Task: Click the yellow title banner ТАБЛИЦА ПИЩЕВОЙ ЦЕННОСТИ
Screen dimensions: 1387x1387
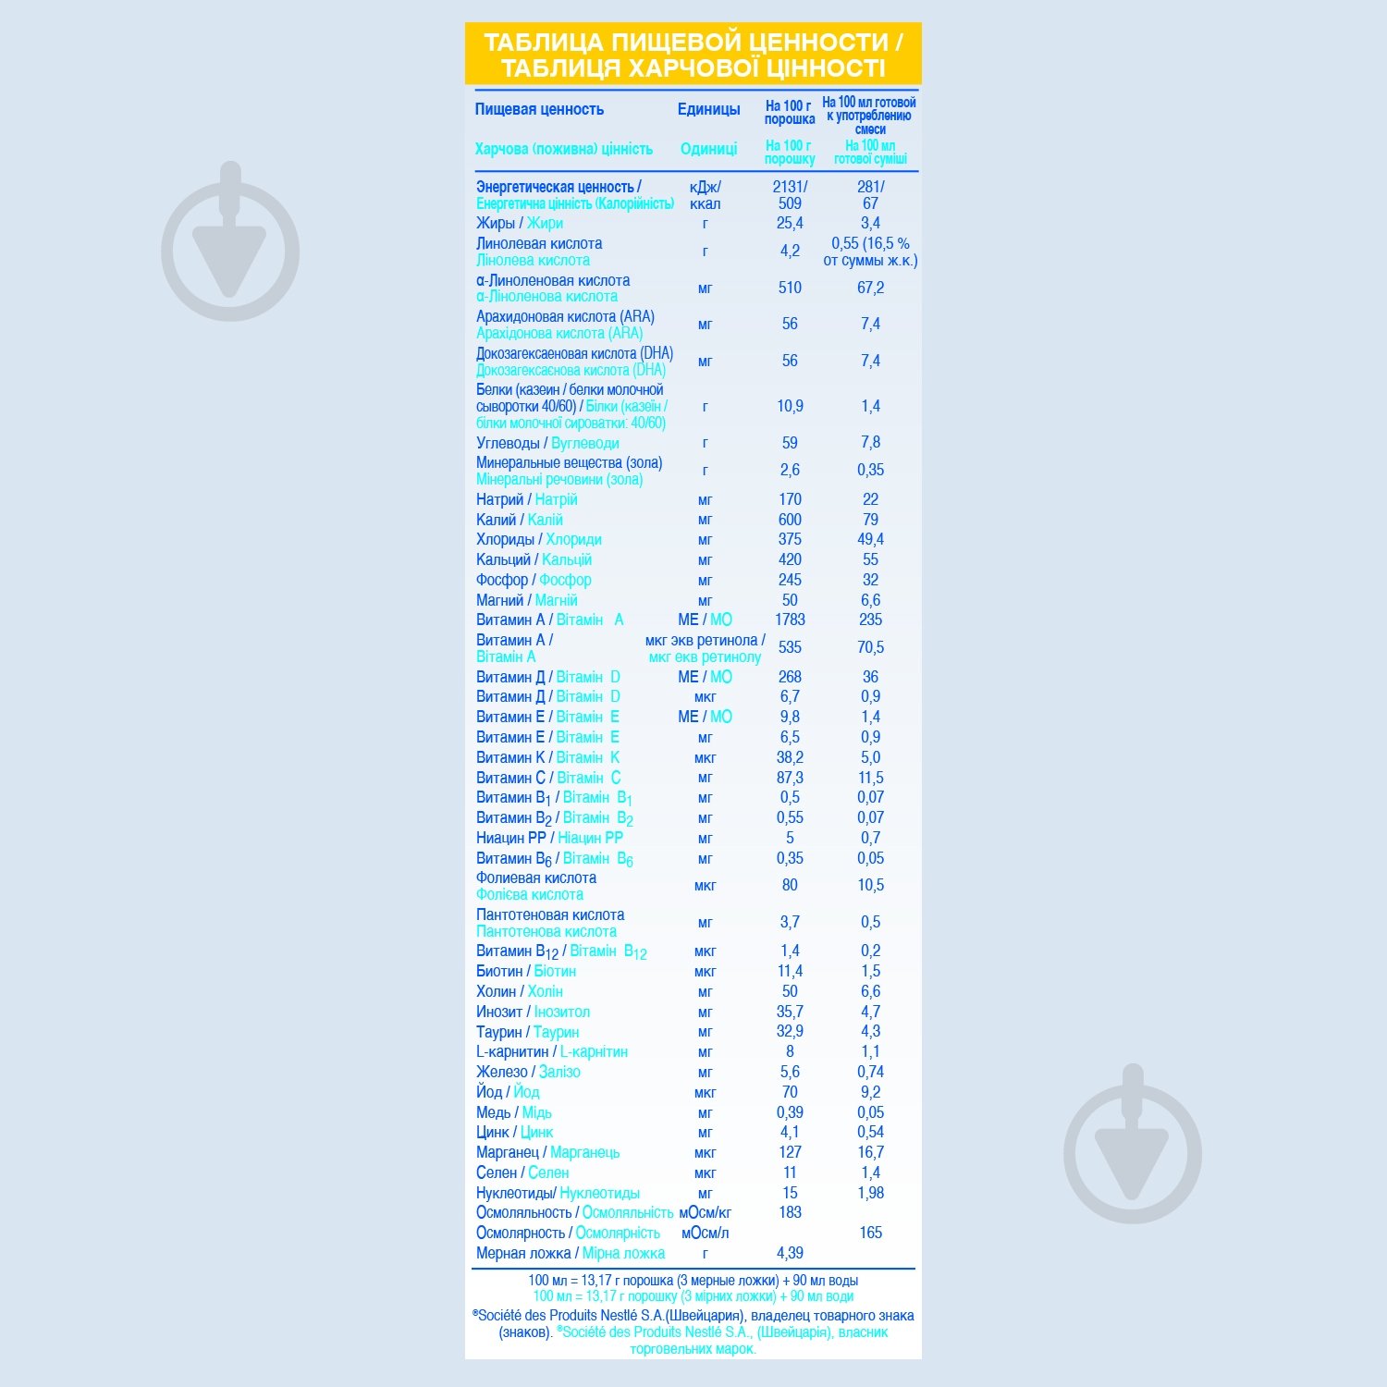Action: tap(693, 55)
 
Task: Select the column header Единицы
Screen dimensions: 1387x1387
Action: tap(708, 109)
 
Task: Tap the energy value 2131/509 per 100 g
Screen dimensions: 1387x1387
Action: tap(790, 194)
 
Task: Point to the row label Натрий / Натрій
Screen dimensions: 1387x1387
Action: tap(526, 499)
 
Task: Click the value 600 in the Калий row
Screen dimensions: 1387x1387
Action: tap(790, 520)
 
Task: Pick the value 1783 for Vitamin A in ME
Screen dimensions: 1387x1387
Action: tap(790, 620)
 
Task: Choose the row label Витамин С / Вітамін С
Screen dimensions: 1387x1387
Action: tap(548, 778)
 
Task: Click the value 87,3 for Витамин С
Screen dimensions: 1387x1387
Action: tap(790, 778)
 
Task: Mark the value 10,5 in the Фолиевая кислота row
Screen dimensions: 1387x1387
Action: tap(870, 885)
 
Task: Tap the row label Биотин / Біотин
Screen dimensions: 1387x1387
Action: tap(525, 971)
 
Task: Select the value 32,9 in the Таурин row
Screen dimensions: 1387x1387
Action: tap(790, 1031)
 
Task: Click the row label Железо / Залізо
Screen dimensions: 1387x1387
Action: tap(528, 1072)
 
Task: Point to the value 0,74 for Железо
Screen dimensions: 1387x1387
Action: tap(870, 1072)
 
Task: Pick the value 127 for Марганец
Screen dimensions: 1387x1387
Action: tap(790, 1152)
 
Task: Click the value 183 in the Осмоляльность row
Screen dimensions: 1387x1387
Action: tap(790, 1212)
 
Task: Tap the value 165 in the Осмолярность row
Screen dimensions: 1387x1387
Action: tap(870, 1233)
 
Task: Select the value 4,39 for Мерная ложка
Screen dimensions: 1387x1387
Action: tap(790, 1253)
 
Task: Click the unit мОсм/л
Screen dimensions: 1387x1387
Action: tap(705, 1233)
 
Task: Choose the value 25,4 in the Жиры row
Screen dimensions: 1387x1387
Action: tap(790, 223)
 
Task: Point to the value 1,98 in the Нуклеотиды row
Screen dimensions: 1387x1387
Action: tap(870, 1193)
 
